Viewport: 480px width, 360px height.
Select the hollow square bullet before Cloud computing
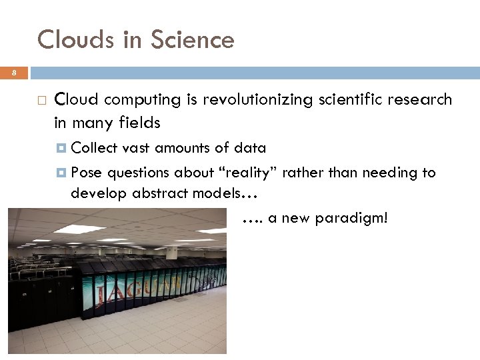pyautogui.click(x=41, y=101)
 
